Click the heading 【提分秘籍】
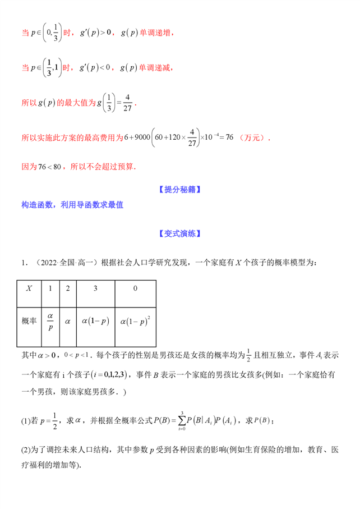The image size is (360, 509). (x=179, y=190)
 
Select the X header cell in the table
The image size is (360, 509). (x=29, y=288)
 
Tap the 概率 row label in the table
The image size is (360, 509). (x=29, y=321)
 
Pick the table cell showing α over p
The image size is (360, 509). (x=50, y=321)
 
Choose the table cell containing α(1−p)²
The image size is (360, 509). (x=135, y=322)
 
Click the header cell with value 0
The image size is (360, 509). (x=135, y=288)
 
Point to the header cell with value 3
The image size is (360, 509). (x=95, y=288)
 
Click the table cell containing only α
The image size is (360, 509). (x=68, y=322)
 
